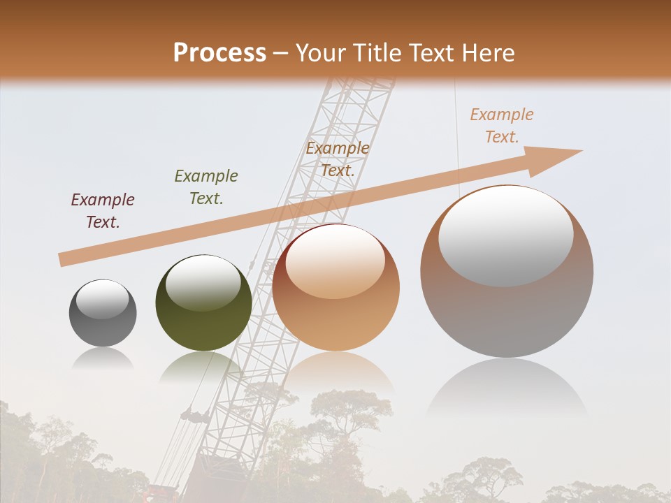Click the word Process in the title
pos(219,53)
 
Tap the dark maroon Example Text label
pos(103,211)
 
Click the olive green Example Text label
pos(206,187)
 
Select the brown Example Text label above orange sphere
pos(338,159)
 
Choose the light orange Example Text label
pos(501,126)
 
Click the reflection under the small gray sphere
pos(103,358)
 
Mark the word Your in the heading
pos(322,53)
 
